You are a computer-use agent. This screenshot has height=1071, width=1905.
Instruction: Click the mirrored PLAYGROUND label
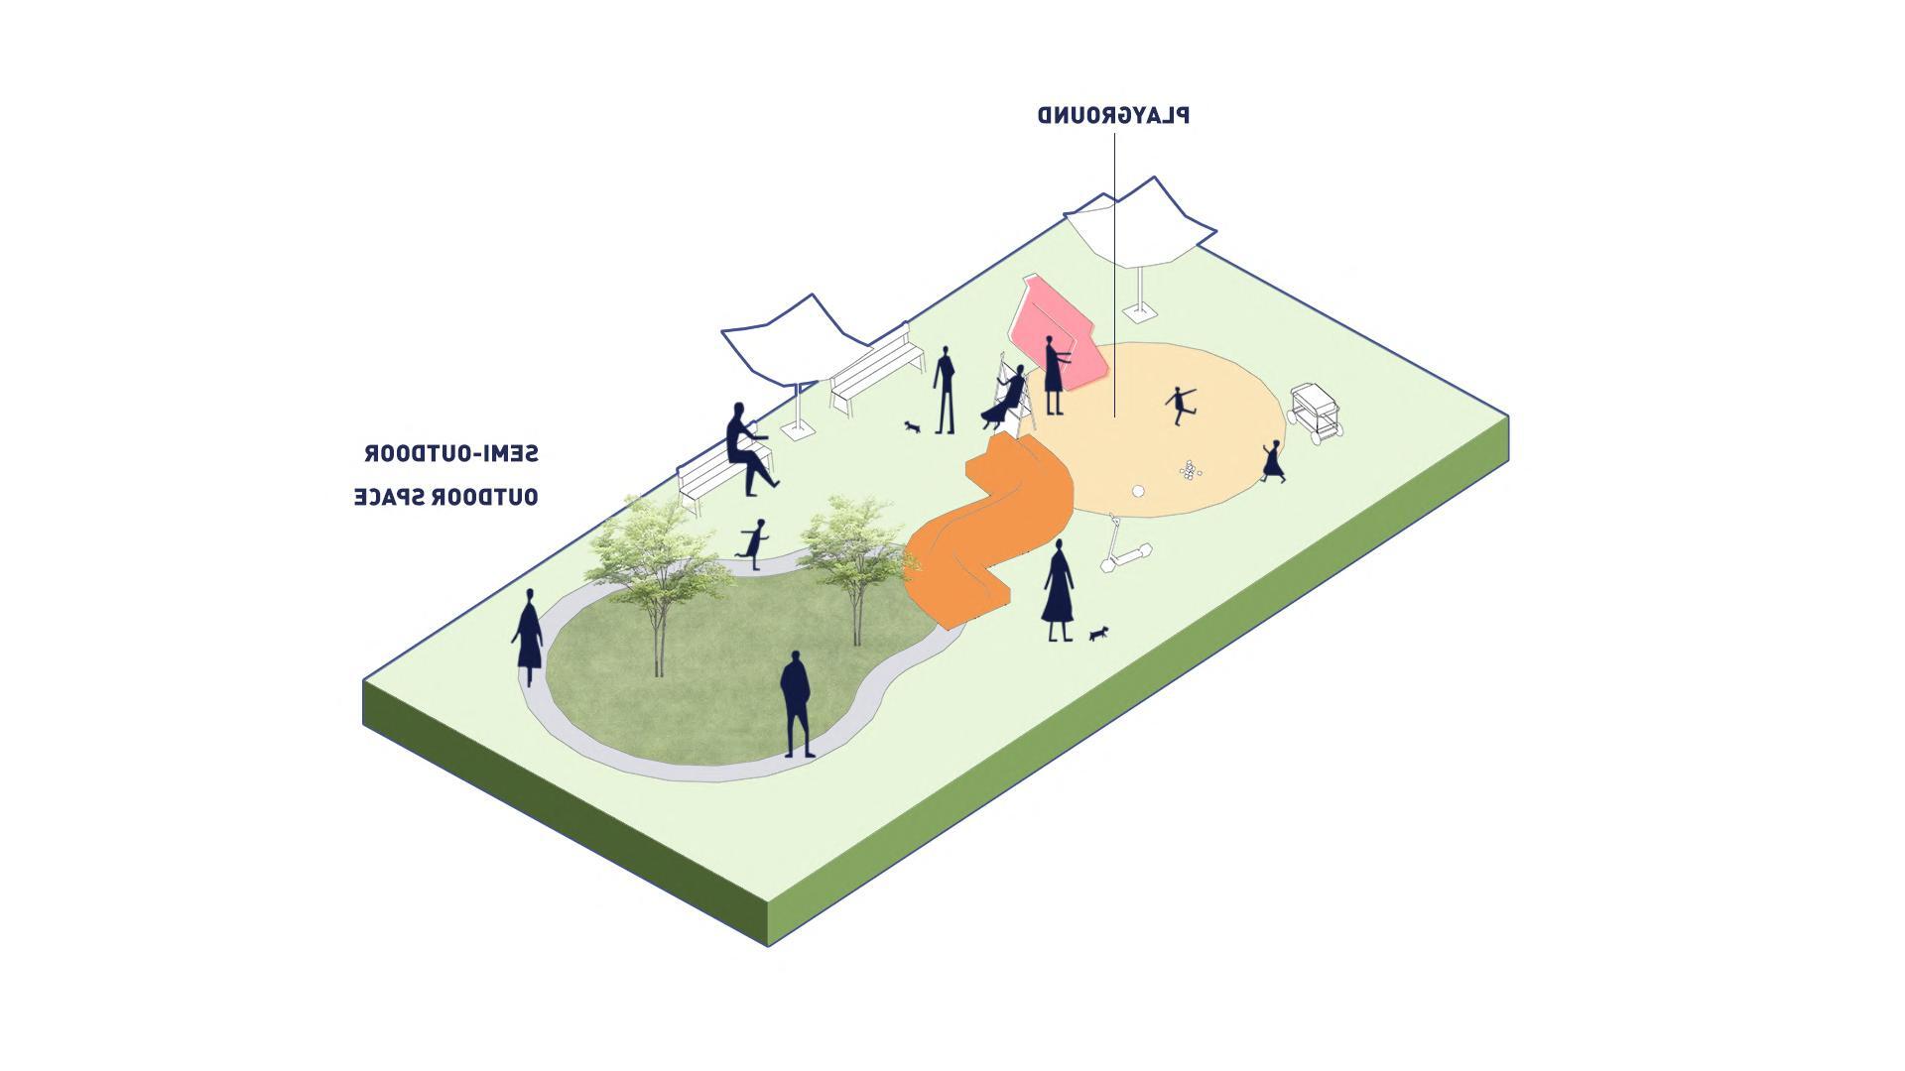[x=1113, y=115]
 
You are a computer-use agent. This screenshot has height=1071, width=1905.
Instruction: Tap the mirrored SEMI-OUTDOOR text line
[x=451, y=454]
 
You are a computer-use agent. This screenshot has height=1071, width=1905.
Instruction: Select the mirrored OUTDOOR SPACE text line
[x=446, y=497]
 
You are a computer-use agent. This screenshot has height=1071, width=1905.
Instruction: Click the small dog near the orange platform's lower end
[x=1097, y=633]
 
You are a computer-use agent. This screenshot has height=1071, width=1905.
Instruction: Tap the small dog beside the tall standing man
[x=912, y=426]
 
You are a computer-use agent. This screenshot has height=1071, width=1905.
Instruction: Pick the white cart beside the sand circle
[x=1317, y=412]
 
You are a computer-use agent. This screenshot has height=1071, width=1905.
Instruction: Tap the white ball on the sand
[x=1139, y=490]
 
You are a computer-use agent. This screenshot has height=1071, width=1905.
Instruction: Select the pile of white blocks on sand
[x=1189, y=469]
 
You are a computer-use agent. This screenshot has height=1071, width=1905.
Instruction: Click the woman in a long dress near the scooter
[x=1058, y=592]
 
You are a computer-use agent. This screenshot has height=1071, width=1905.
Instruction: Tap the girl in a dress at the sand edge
[x=1272, y=462]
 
